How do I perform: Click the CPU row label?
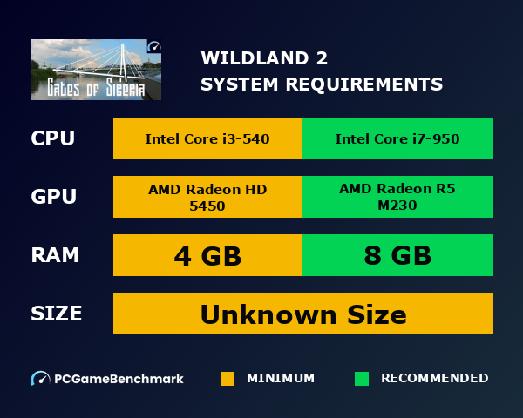pyautogui.click(x=52, y=138)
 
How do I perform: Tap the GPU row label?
pyautogui.click(x=52, y=197)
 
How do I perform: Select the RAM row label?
pyautogui.click(x=55, y=255)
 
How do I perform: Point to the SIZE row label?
pyautogui.click(x=57, y=313)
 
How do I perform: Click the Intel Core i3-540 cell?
pyautogui.click(x=207, y=138)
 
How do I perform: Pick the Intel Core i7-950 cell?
pyautogui.click(x=397, y=138)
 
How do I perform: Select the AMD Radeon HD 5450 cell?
pyautogui.click(x=207, y=198)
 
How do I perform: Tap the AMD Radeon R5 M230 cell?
pyautogui.click(x=397, y=198)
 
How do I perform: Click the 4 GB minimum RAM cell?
pyautogui.click(x=207, y=256)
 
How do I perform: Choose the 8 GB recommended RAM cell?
pyautogui.click(x=397, y=256)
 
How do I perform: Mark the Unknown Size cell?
pyautogui.click(x=302, y=313)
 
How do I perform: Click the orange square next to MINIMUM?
pyautogui.click(x=228, y=379)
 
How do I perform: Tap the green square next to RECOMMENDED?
pyautogui.click(x=362, y=379)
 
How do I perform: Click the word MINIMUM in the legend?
pyautogui.click(x=281, y=379)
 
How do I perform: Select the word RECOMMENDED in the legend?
pyautogui.click(x=435, y=379)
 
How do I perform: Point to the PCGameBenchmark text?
pyautogui.click(x=119, y=379)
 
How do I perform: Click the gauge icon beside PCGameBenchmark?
pyautogui.click(x=40, y=379)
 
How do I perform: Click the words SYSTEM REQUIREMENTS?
pyautogui.click(x=322, y=84)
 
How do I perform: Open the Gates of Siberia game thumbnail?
pyautogui.click(x=96, y=70)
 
